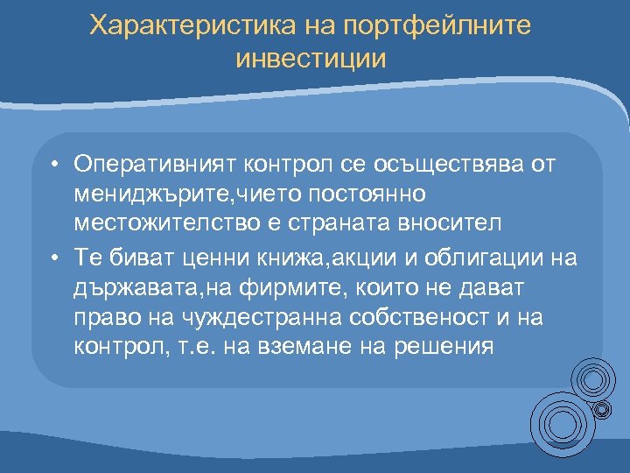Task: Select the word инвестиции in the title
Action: (x=311, y=60)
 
